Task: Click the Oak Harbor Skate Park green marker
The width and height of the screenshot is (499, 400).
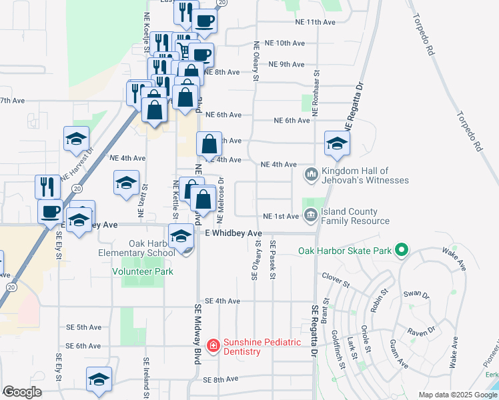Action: [x=401, y=251]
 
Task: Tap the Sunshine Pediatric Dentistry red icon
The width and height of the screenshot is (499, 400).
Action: [x=213, y=345]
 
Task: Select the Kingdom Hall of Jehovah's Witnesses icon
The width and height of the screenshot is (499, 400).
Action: [x=311, y=175]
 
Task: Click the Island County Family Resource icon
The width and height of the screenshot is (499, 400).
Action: [x=311, y=215]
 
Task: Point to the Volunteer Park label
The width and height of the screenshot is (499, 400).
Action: [x=143, y=271]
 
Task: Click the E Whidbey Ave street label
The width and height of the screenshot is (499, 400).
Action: [x=234, y=233]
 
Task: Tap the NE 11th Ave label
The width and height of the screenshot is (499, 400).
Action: [x=316, y=22]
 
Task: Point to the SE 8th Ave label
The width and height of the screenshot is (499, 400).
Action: [x=221, y=379]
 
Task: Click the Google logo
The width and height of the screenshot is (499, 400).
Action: [x=22, y=392]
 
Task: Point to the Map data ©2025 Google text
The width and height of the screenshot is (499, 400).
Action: [x=458, y=395]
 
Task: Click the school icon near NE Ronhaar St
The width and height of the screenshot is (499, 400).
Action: [x=337, y=143]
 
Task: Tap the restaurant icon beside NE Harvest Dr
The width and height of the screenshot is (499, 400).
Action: [x=46, y=186]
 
